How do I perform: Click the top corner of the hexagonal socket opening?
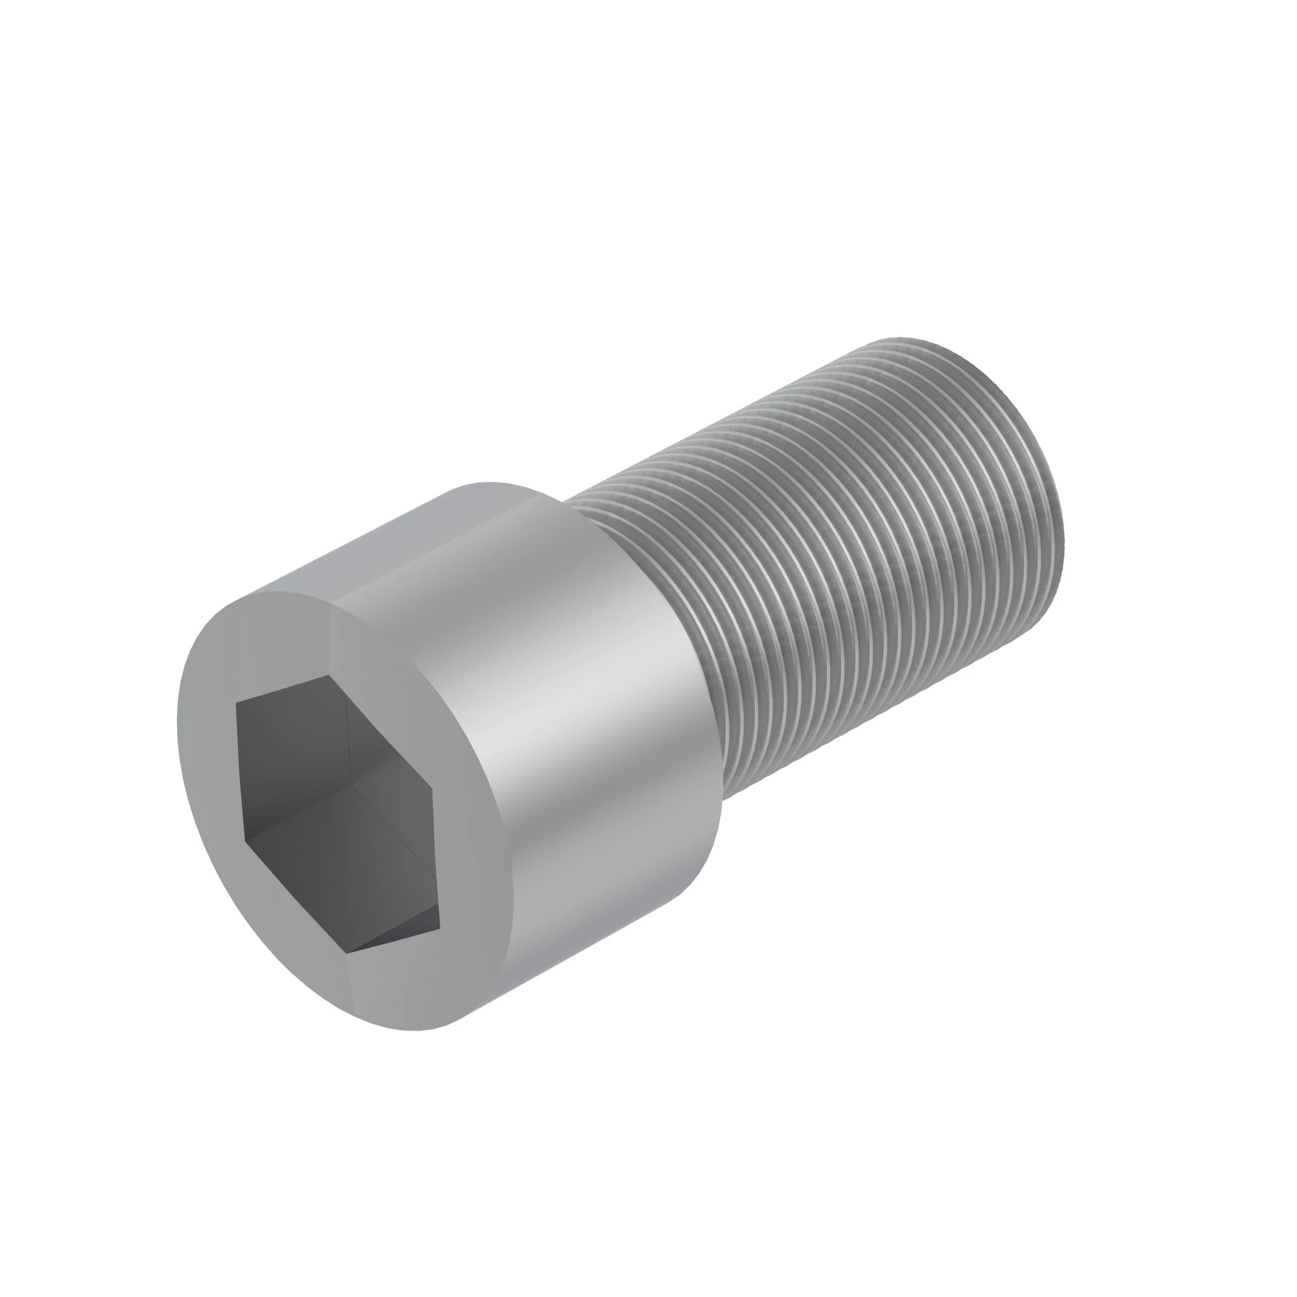click(x=329, y=676)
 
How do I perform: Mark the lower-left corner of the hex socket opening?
click(x=246, y=840)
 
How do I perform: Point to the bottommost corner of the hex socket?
click(x=346, y=952)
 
